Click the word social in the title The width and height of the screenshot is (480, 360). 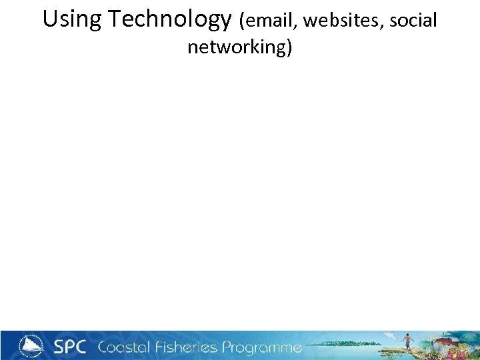pyautogui.click(x=413, y=21)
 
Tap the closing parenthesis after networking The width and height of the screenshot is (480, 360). pyautogui.click(x=289, y=48)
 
